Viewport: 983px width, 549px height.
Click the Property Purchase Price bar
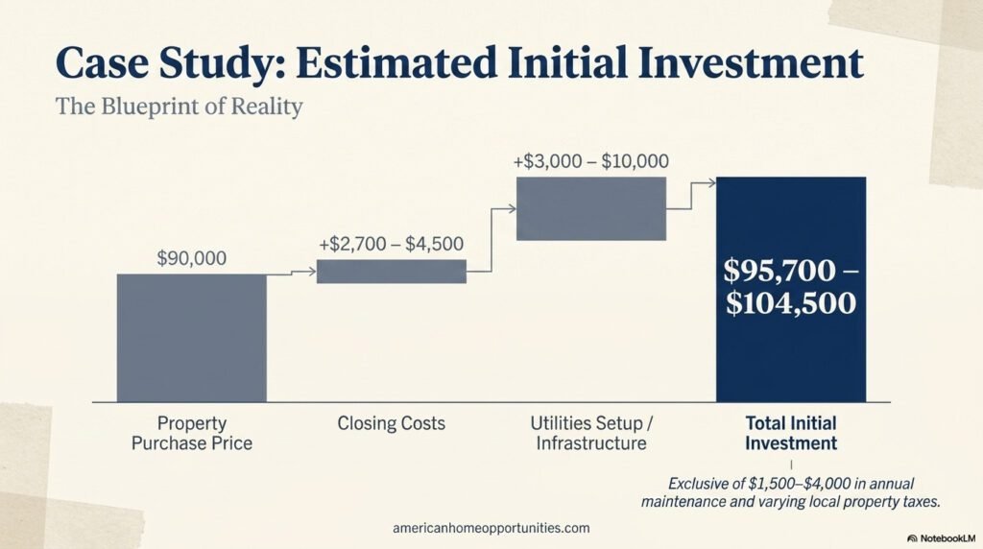191,337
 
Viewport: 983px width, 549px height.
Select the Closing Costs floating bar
391,272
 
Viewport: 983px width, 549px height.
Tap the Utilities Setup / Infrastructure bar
590,208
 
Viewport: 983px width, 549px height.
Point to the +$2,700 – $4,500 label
391,244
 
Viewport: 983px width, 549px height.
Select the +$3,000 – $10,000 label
590,161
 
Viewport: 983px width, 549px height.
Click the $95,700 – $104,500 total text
791,287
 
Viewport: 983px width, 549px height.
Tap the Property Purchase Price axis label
191,433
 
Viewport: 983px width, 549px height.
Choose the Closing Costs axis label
391,423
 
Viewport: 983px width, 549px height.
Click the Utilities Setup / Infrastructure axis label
590,433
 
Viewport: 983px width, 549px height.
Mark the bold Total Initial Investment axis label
791,433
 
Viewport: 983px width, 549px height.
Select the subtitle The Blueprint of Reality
180,106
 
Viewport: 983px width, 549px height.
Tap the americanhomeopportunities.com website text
491,528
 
